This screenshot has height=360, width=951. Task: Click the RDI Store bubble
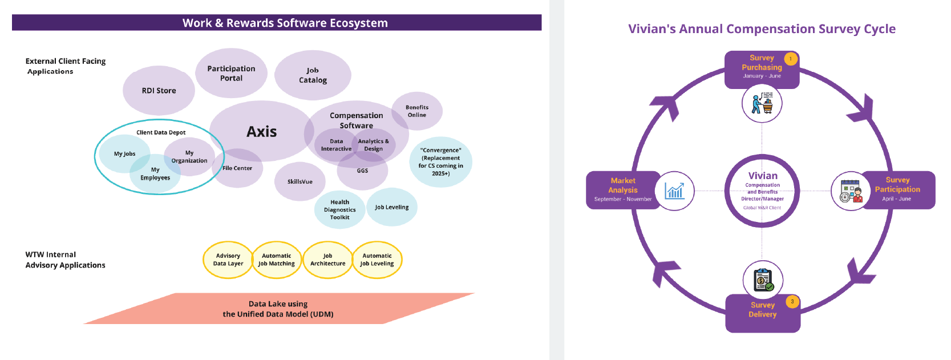click(159, 91)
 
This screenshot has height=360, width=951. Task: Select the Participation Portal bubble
click(231, 73)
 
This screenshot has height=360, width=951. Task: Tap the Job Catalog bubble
click(313, 75)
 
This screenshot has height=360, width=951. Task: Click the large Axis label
click(261, 132)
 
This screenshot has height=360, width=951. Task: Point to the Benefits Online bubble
click(417, 111)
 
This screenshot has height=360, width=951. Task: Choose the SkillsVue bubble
click(300, 181)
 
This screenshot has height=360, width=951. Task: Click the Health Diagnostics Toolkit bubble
click(339, 209)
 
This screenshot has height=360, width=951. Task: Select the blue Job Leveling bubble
click(392, 207)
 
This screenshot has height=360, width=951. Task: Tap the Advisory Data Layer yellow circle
click(228, 260)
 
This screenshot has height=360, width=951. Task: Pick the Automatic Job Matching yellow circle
click(277, 260)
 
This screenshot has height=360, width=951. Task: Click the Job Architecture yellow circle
click(327, 260)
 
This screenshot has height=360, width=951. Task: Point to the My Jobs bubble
click(124, 154)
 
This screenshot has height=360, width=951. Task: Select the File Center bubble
click(238, 168)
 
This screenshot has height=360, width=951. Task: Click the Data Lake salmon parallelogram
click(278, 309)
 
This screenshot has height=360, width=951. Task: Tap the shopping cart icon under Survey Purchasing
click(762, 103)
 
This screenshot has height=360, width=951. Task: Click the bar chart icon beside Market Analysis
click(674, 191)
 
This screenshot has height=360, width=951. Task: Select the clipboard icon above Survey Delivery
click(763, 280)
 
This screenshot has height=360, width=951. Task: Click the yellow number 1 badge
click(791, 59)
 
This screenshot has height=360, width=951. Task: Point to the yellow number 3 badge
click(792, 302)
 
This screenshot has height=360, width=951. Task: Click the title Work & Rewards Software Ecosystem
click(285, 23)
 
